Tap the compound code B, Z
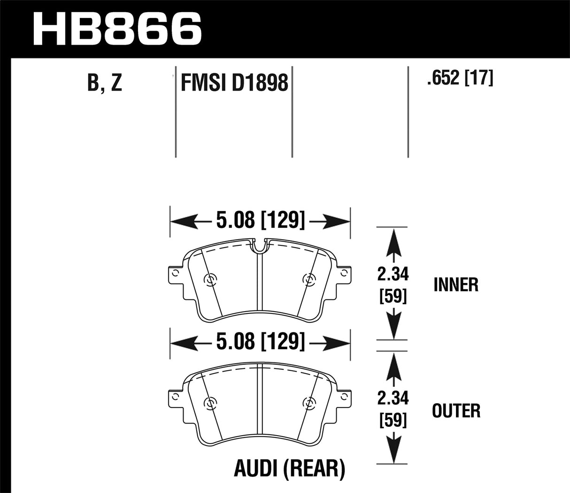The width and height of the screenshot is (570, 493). click(x=105, y=83)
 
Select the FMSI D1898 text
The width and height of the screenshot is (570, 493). click(x=234, y=83)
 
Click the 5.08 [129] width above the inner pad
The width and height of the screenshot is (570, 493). click(x=261, y=220)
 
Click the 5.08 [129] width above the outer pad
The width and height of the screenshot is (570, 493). click(x=261, y=342)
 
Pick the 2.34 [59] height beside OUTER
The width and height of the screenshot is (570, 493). click(x=393, y=409)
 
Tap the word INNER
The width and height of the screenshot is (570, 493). click(x=456, y=285)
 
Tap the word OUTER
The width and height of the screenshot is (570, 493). click(x=456, y=411)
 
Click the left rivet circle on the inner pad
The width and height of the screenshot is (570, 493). click(x=209, y=280)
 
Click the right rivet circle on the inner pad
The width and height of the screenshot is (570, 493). click(x=308, y=280)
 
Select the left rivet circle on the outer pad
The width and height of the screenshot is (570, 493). click(x=209, y=403)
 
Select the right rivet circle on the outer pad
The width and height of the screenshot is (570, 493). click(x=308, y=403)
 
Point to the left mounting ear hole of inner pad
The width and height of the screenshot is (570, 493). click(x=175, y=273)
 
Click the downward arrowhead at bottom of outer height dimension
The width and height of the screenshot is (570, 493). click(x=393, y=454)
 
